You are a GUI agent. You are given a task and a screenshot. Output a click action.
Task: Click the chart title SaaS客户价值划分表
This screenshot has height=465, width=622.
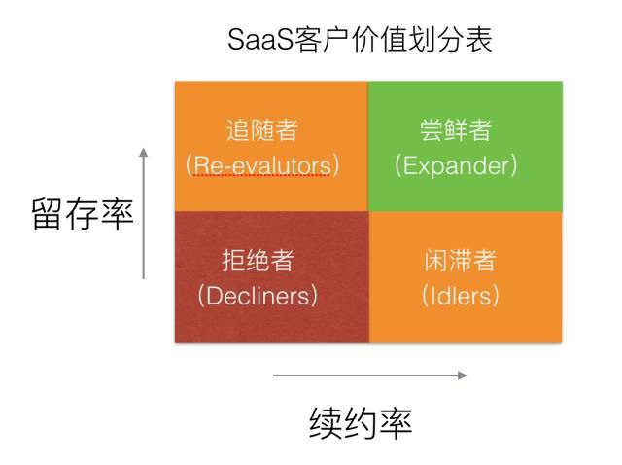click(361, 40)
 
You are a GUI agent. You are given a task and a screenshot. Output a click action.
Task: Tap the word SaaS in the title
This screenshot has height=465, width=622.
click(254, 40)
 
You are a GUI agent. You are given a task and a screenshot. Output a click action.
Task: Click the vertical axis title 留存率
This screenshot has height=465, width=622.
click(83, 214)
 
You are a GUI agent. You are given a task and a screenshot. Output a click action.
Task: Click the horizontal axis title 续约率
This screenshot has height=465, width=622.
click(362, 422)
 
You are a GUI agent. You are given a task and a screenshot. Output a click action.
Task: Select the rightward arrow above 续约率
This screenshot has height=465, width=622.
click(369, 375)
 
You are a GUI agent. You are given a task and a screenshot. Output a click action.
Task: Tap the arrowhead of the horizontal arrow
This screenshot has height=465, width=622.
click(462, 375)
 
